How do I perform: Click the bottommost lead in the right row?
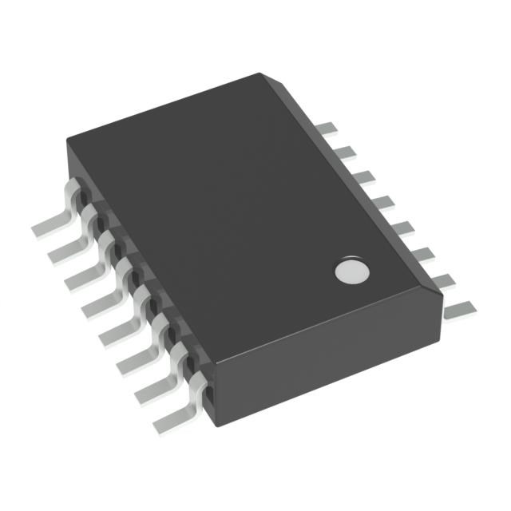point(459,307)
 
